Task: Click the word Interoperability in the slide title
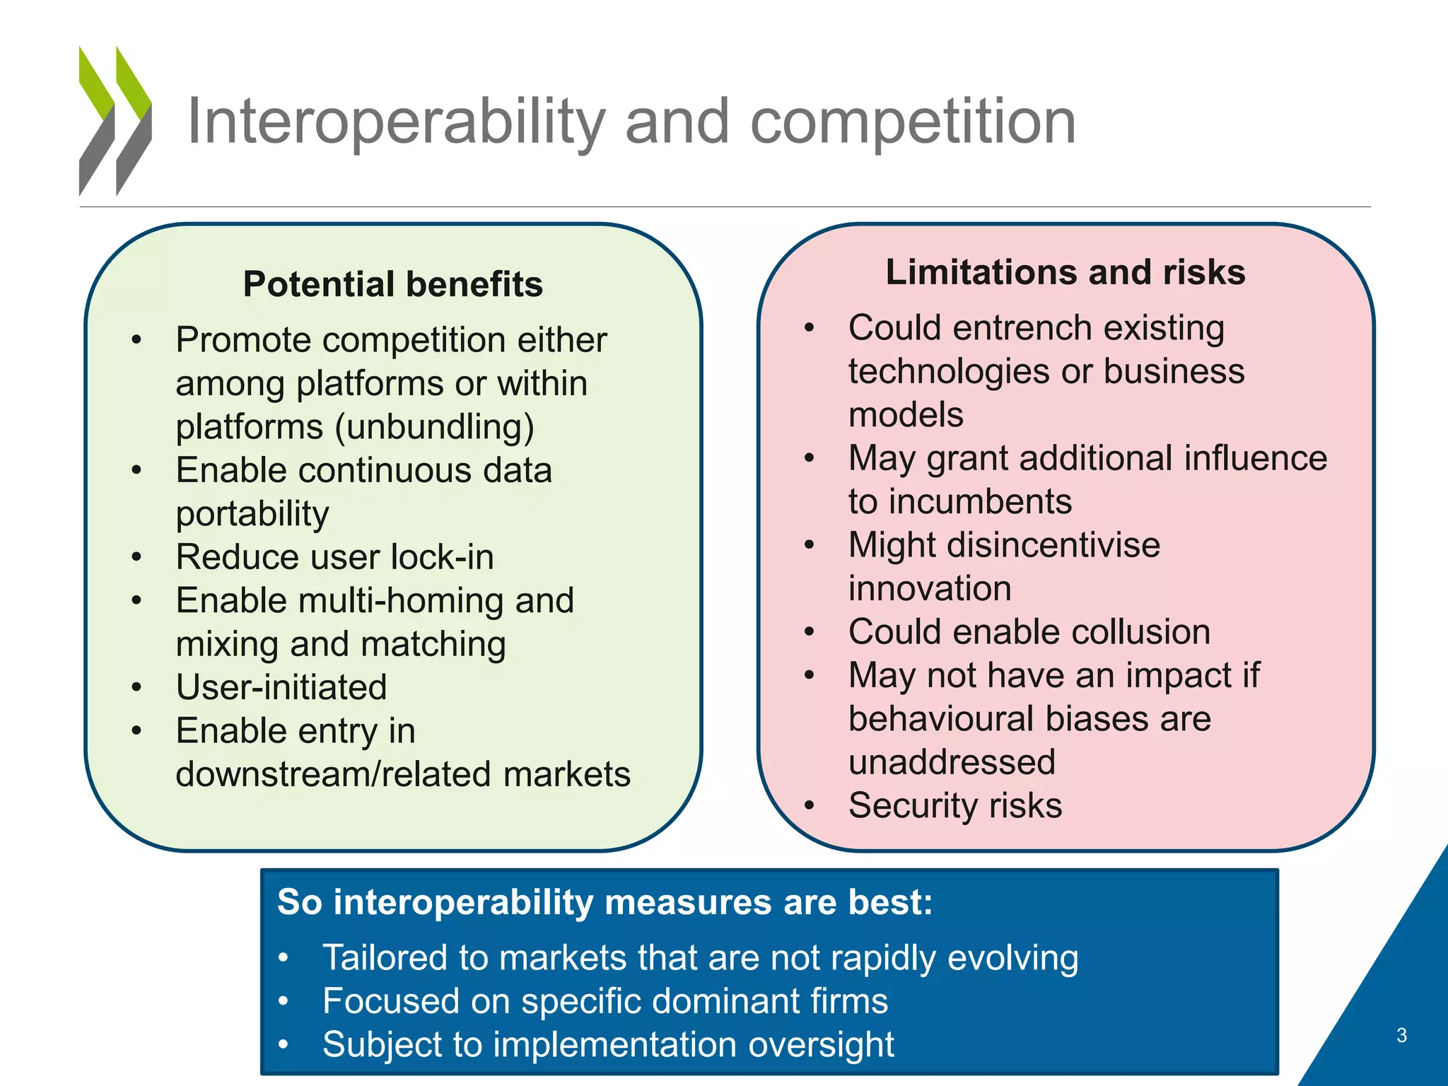(x=396, y=122)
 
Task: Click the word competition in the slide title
(x=912, y=122)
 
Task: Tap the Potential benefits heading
(x=393, y=284)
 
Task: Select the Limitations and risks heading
(x=1065, y=272)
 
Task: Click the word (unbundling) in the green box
(x=434, y=427)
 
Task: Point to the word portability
(x=252, y=514)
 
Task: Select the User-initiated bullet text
(x=281, y=687)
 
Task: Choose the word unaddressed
(x=952, y=762)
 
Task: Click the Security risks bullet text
(x=955, y=805)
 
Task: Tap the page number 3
(x=1401, y=1035)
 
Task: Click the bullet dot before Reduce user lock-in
(x=137, y=557)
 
